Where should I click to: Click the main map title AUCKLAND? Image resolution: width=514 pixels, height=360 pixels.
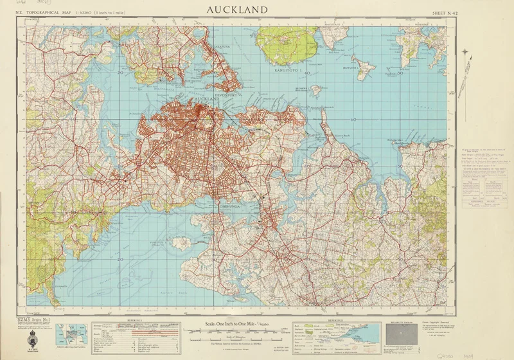236,10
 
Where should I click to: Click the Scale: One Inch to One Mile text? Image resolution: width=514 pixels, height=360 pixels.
239,325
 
